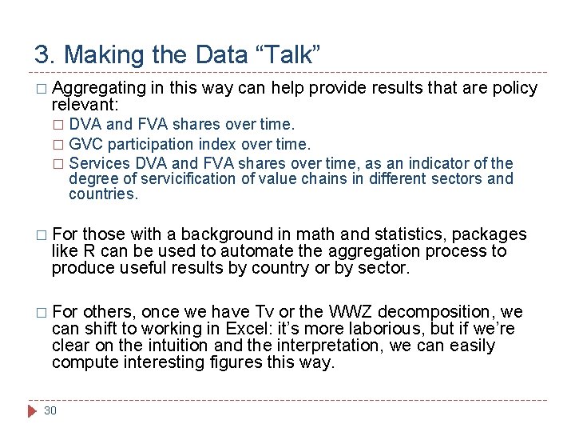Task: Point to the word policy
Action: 516,88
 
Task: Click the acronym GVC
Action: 86,144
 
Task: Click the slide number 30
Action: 50,410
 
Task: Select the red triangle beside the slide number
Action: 32,410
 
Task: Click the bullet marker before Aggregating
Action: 41,89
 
